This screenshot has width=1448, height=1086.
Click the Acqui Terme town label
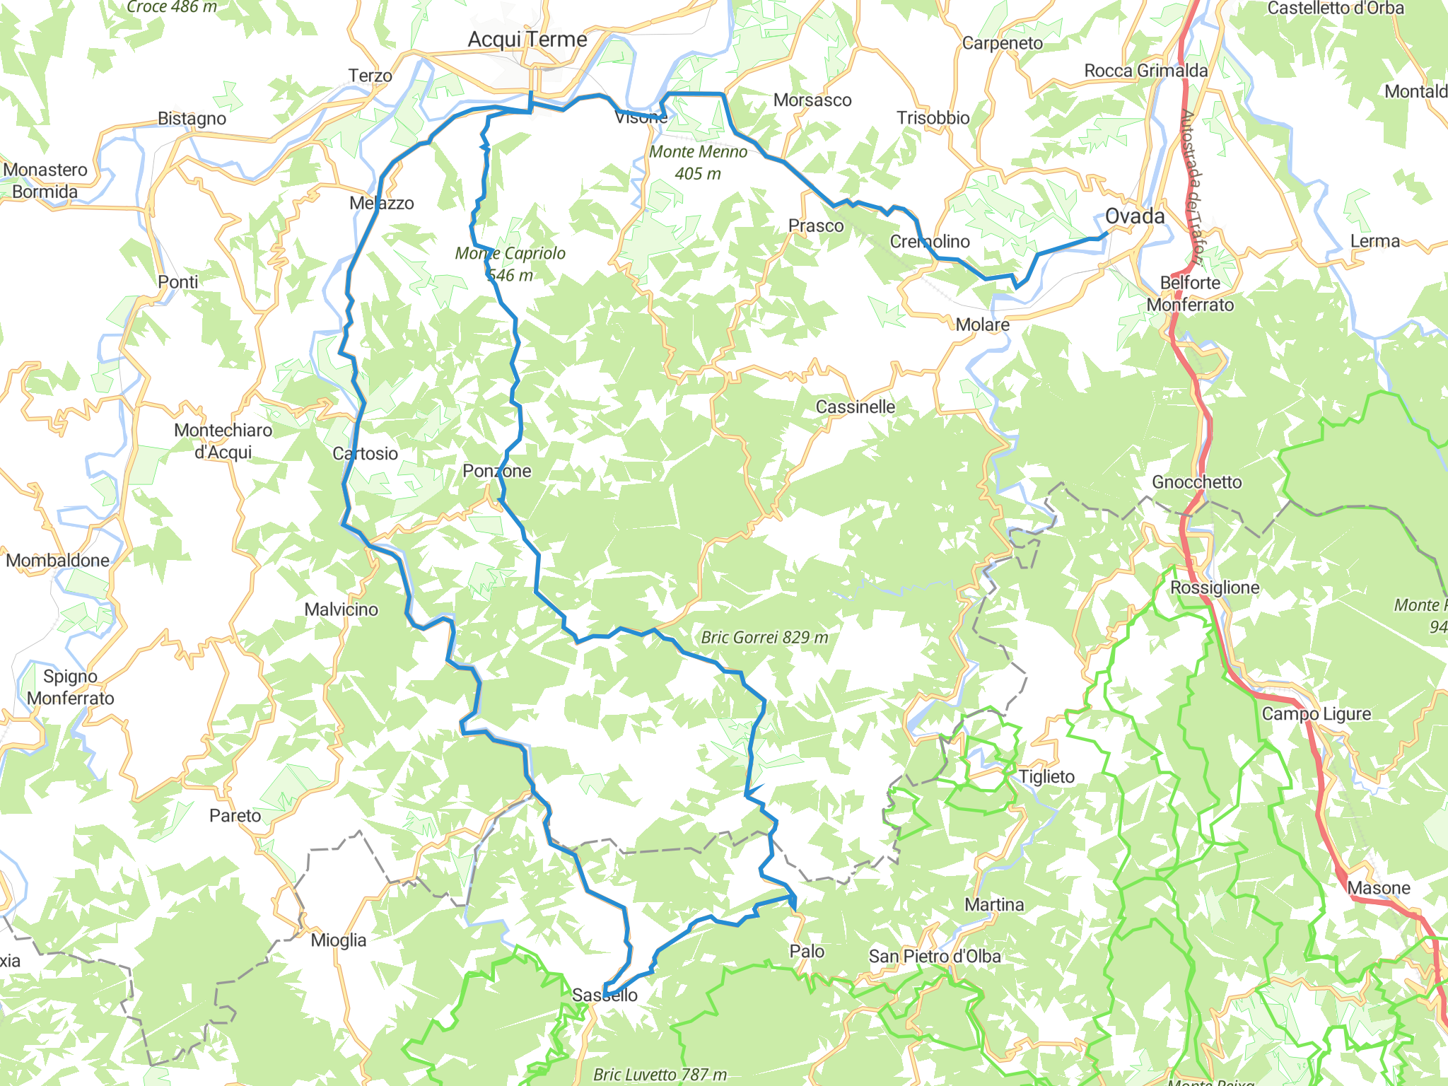point(527,40)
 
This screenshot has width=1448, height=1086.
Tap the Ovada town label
point(1135,216)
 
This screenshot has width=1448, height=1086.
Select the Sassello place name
point(605,995)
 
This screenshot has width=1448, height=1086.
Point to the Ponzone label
point(496,471)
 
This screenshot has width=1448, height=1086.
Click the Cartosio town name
point(366,454)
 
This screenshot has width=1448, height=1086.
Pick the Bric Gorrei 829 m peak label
point(764,638)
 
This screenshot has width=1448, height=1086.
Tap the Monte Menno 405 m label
point(698,163)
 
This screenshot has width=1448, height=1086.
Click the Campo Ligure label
point(1316,714)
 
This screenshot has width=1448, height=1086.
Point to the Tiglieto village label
point(1046,777)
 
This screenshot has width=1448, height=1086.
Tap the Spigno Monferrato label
point(70,687)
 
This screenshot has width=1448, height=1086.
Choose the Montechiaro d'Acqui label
point(223,441)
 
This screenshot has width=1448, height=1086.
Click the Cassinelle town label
point(855,407)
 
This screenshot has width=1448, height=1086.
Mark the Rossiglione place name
point(1215,588)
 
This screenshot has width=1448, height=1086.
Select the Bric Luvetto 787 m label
point(660,1075)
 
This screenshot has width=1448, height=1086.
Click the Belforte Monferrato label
point(1190,294)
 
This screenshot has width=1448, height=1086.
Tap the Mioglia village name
point(339,940)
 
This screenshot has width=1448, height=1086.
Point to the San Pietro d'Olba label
point(935,957)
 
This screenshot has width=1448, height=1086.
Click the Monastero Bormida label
point(45,181)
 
